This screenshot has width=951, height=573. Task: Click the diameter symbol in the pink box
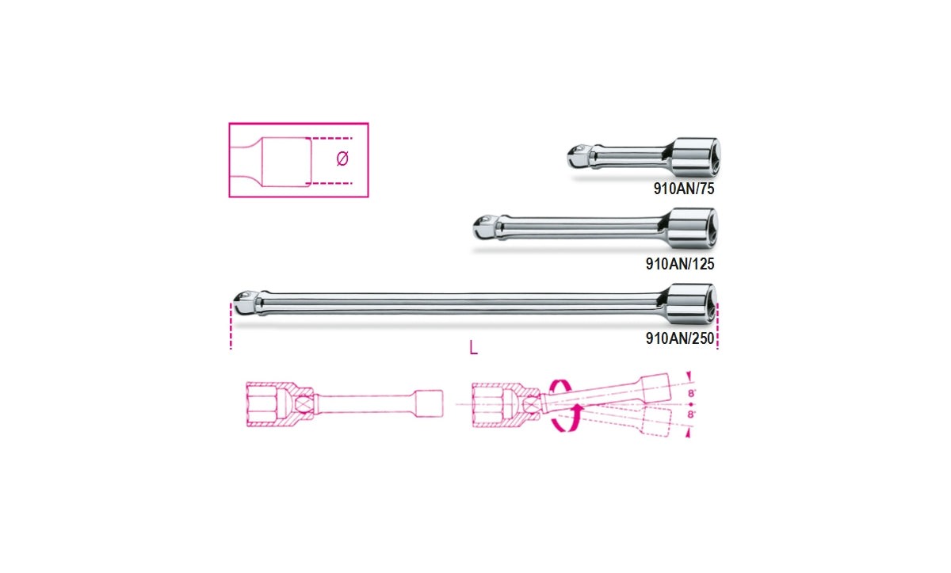pyautogui.click(x=342, y=159)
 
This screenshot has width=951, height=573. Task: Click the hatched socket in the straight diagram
pyautogui.click(x=273, y=403)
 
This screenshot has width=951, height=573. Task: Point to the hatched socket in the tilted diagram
pyautogui.click(x=499, y=403)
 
